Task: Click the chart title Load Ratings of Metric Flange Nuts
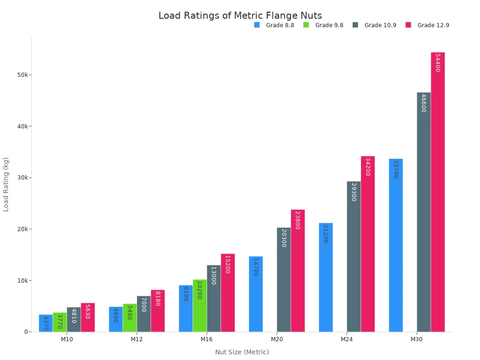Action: (x=240, y=16)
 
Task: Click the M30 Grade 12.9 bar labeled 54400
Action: (x=438, y=192)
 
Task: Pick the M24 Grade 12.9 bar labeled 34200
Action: (x=368, y=244)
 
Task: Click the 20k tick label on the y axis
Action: (x=22, y=229)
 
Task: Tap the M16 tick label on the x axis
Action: (x=207, y=339)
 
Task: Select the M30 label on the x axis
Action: (x=417, y=339)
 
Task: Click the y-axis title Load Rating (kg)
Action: (x=6, y=184)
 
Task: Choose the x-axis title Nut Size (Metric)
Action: (x=242, y=352)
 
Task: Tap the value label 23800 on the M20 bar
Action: (x=297, y=220)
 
